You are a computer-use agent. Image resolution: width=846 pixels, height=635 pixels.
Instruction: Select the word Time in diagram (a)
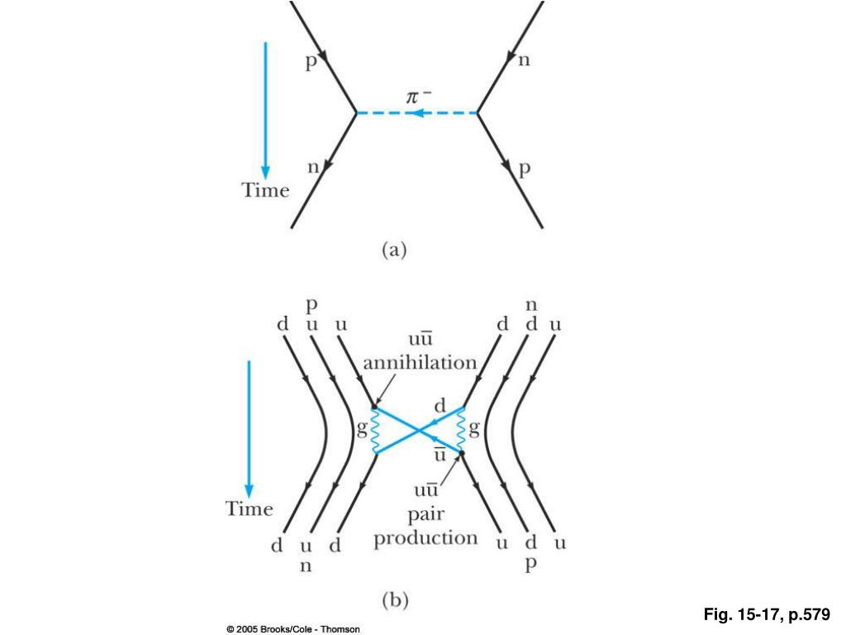click(265, 190)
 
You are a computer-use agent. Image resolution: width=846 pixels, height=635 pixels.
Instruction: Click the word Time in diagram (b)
click(249, 508)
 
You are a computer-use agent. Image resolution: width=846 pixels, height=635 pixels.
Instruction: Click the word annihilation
click(420, 362)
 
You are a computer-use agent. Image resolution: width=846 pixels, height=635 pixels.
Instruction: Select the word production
click(425, 538)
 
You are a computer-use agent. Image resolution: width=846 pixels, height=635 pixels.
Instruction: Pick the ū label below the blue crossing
click(440, 455)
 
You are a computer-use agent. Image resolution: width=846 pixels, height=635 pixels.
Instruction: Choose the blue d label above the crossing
click(440, 406)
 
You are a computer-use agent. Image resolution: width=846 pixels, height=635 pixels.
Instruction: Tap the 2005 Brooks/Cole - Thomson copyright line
click(293, 629)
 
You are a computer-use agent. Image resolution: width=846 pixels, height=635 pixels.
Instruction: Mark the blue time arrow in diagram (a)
click(265, 107)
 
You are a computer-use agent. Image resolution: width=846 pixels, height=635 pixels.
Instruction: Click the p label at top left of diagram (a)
click(311, 63)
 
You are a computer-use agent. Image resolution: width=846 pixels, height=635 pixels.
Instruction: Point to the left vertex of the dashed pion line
click(356, 112)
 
